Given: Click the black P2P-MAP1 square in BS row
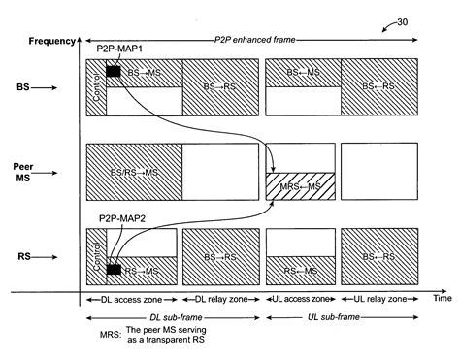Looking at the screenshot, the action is (113, 71).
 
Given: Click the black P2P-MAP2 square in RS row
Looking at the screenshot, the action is (113, 269).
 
